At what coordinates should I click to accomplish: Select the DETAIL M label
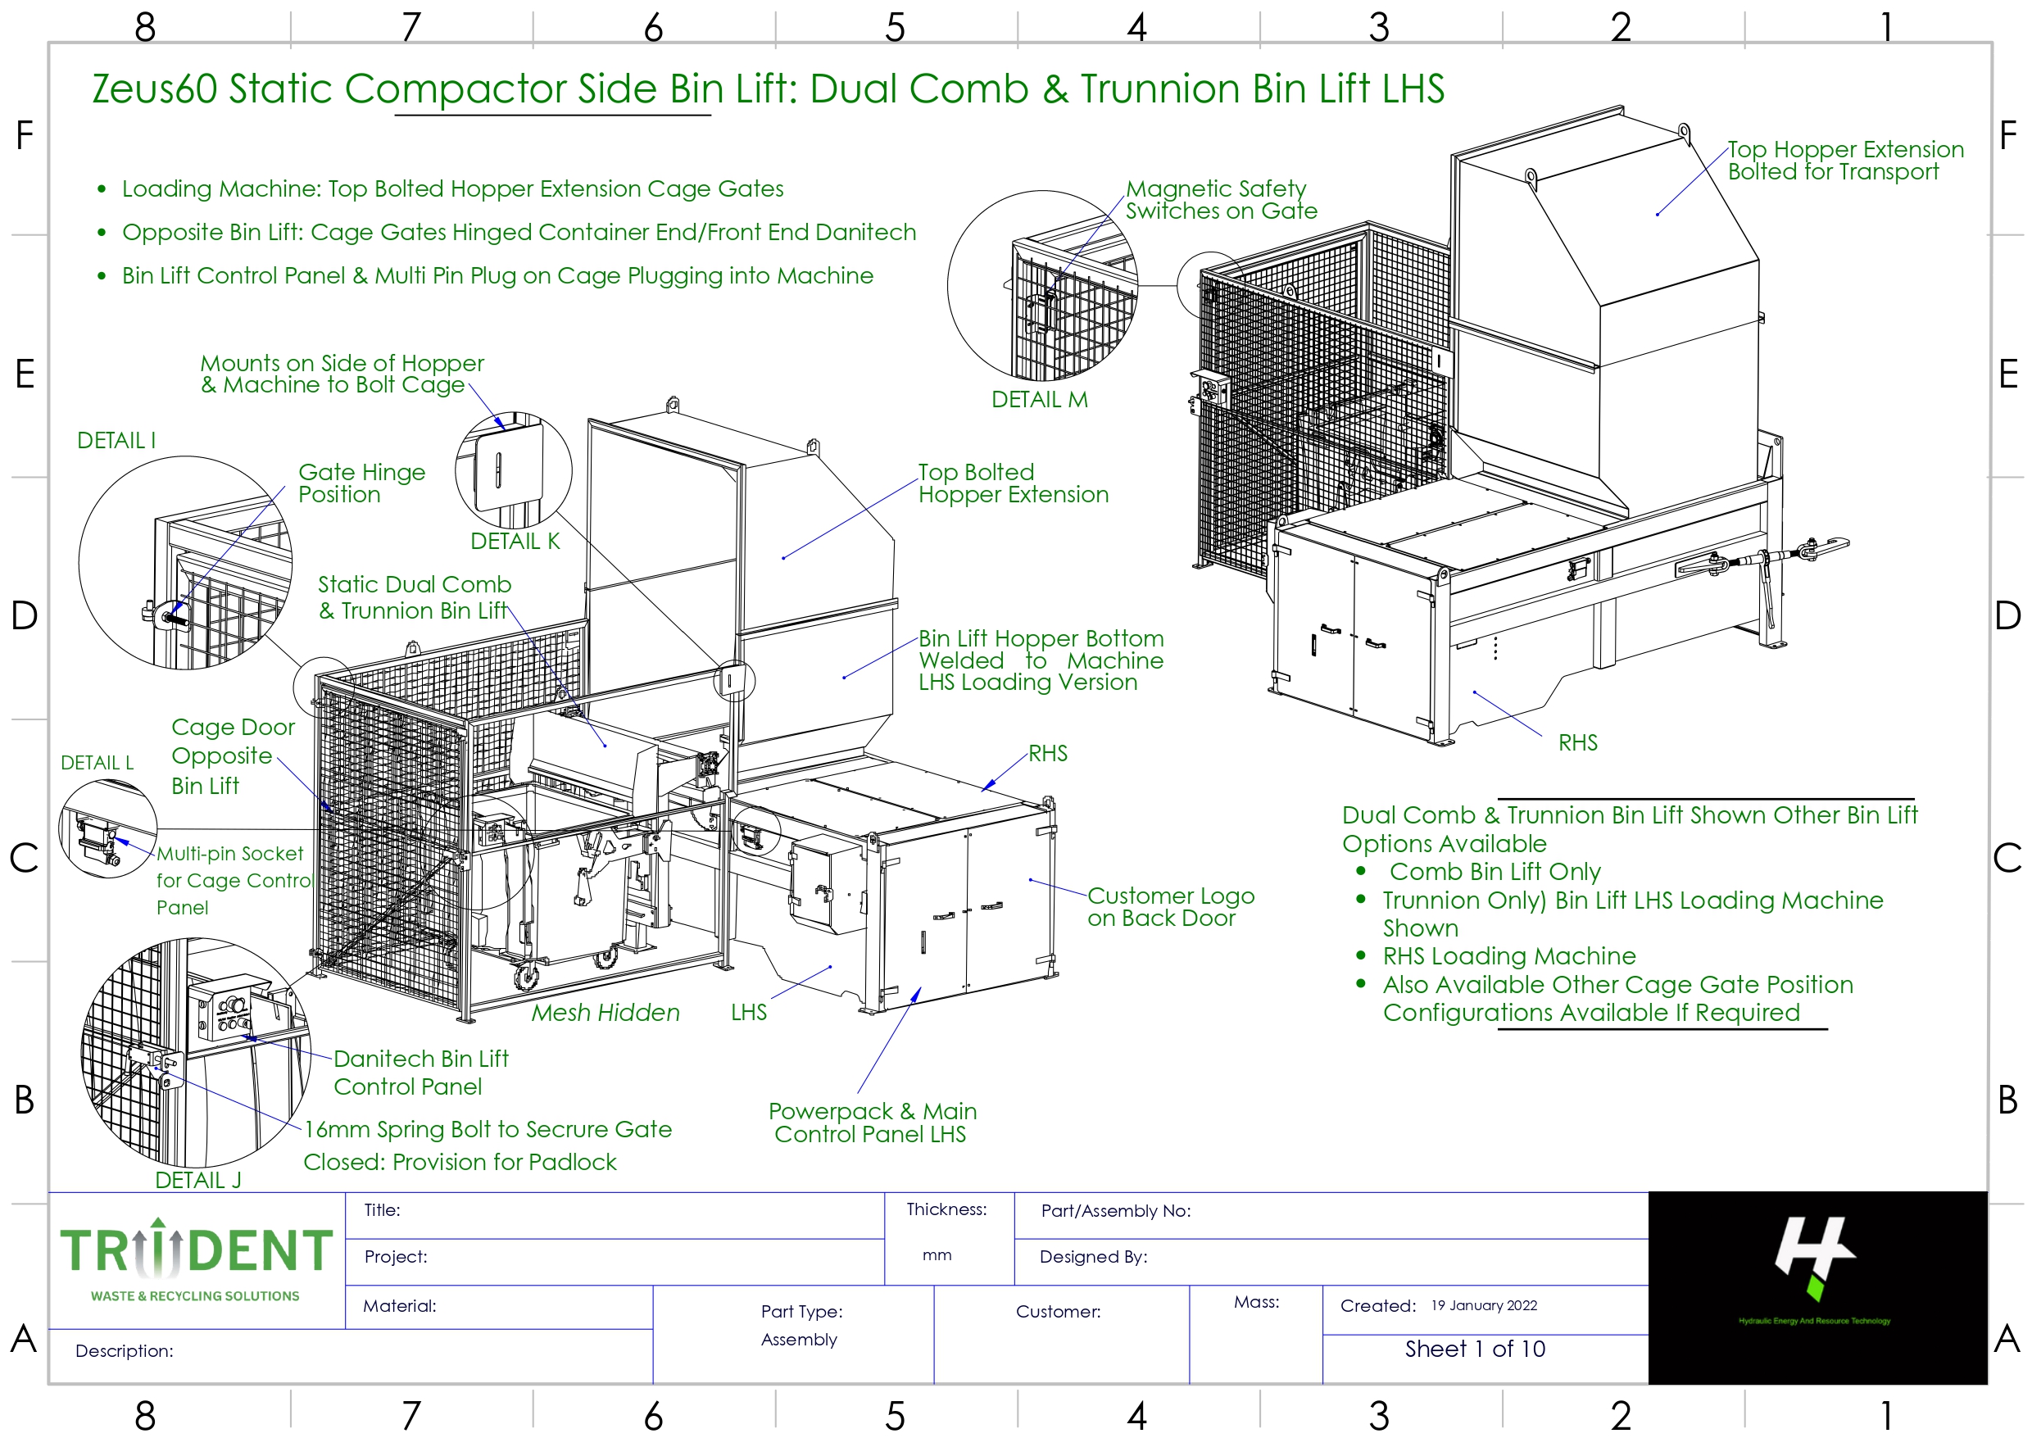pos(1039,399)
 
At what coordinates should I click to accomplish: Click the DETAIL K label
pos(515,541)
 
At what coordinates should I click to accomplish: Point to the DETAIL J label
pos(197,1179)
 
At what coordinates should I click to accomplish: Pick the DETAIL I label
pos(116,440)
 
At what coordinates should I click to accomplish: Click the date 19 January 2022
pos(1483,1305)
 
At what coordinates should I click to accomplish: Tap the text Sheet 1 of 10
pos(1474,1349)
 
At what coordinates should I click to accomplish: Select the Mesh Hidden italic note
pos(605,1012)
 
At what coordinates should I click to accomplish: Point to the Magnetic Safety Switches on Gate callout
pos(1220,199)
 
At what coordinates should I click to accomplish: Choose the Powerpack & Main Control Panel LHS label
pos(871,1122)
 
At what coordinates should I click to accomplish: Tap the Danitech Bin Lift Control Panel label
pos(420,1073)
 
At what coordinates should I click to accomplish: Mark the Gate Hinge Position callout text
pos(361,483)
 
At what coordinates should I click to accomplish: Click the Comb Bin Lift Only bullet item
pos(1494,871)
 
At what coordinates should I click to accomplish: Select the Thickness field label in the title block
pos(946,1209)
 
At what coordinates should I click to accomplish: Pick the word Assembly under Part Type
pos(798,1339)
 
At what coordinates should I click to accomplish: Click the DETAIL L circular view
pos(107,829)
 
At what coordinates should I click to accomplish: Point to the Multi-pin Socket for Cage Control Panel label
pos(232,879)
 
